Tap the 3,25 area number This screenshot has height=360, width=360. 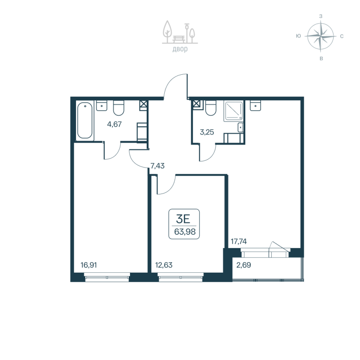(x=207, y=132)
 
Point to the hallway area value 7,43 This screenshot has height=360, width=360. (x=157, y=166)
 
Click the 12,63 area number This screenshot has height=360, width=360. (x=164, y=265)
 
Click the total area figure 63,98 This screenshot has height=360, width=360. (x=184, y=232)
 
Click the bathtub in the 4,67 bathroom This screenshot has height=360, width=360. (x=85, y=121)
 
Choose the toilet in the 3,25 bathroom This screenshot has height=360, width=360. (x=211, y=108)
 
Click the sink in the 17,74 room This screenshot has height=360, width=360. (x=256, y=104)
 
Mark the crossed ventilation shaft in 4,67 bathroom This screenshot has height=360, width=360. (x=143, y=105)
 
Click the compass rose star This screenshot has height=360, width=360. (x=320, y=36)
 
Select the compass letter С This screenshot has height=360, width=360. (x=342, y=36)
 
